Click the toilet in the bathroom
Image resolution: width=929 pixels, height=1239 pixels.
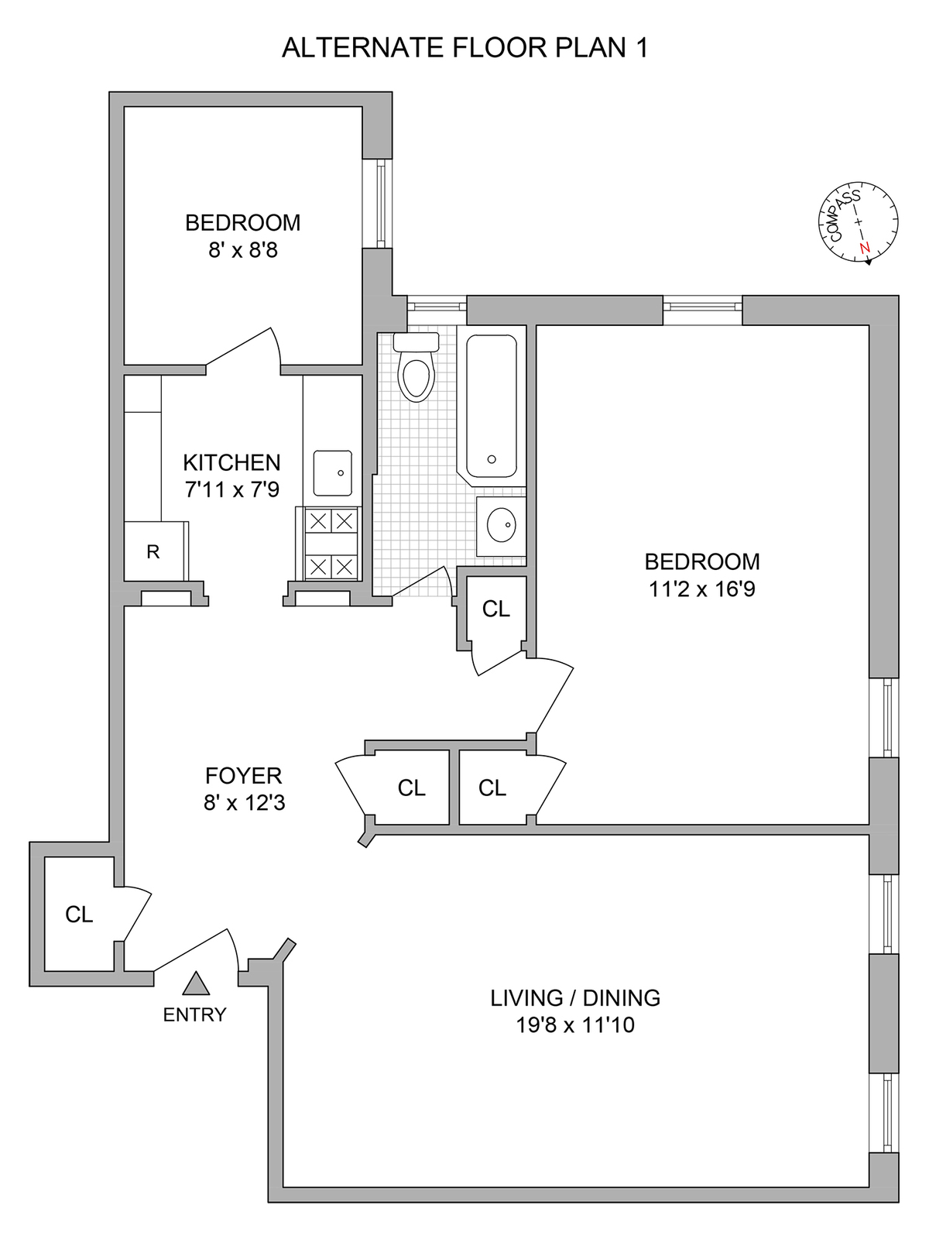(417, 367)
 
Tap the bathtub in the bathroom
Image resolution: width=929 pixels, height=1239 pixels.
(492, 407)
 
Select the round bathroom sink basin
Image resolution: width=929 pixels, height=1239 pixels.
(502, 524)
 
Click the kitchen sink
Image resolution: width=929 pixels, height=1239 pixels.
(333, 473)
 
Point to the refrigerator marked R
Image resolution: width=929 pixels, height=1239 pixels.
(153, 551)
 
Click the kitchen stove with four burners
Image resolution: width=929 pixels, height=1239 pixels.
(331, 543)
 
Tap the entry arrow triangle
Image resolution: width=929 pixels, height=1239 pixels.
(196, 983)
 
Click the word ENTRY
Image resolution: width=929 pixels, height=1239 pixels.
(194, 1015)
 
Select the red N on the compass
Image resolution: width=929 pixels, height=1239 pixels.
(864, 248)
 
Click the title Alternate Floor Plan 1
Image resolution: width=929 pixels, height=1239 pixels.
(464, 48)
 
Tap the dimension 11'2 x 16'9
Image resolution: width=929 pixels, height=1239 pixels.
(701, 589)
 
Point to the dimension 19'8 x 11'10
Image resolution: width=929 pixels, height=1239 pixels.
(575, 1025)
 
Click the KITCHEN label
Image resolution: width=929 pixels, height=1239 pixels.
(231, 463)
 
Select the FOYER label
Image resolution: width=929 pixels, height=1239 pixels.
(244, 776)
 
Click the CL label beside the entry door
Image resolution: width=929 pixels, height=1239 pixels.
(79, 915)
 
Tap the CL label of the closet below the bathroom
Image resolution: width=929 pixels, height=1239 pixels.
(496, 609)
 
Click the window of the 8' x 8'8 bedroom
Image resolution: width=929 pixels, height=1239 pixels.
(382, 203)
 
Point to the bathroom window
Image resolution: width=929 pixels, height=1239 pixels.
(437, 307)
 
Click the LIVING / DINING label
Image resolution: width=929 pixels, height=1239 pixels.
(575, 998)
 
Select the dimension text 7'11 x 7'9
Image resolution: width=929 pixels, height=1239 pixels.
(231, 489)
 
